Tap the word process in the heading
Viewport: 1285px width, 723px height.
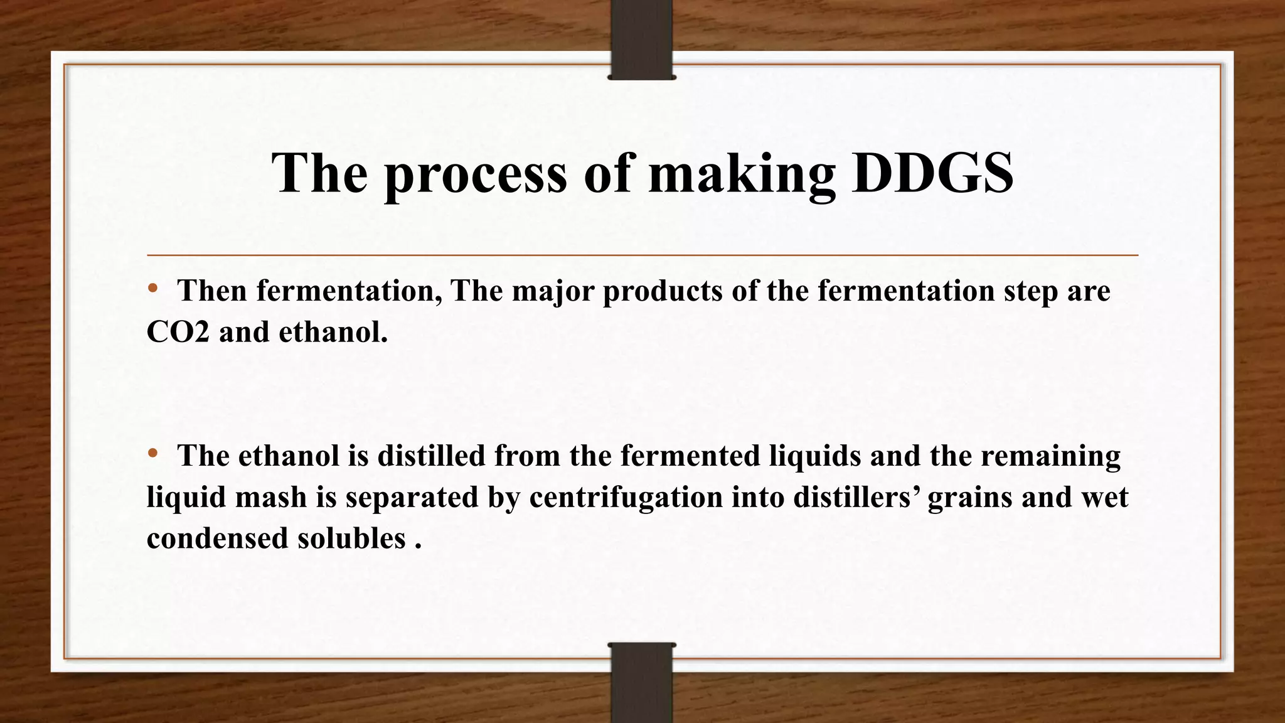click(x=475, y=173)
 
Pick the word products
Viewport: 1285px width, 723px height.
click(x=663, y=291)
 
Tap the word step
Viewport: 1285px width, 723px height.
click(x=1026, y=291)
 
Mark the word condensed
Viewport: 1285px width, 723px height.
click(x=217, y=538)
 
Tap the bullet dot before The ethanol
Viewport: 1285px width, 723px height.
click(x=152, y=453)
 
